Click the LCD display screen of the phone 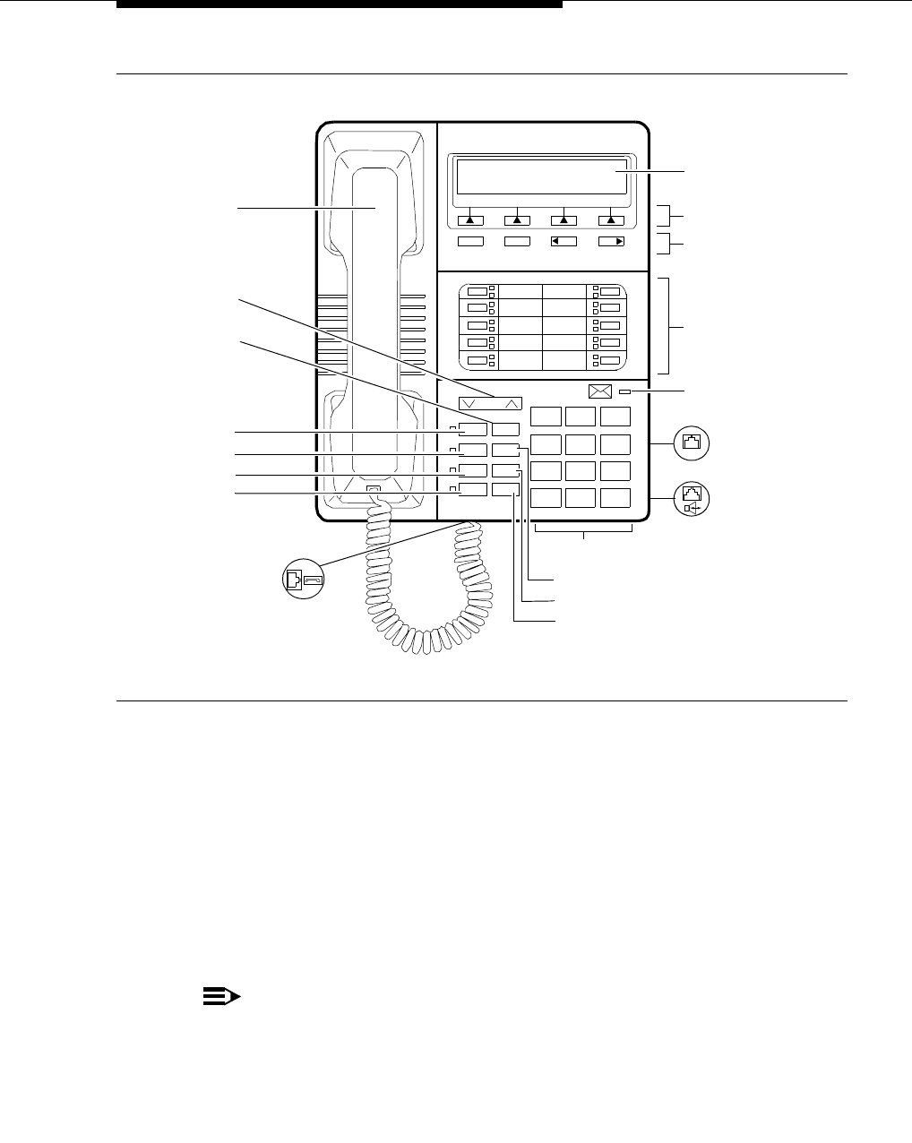tap(541, 176)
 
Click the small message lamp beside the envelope tap(624, 392)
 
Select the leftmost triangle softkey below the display tap(469, 219)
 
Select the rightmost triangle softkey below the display tap(611, 219)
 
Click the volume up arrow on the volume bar tap(511, 403)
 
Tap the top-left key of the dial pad tap(546, 416)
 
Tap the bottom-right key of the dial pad tap(615, 498)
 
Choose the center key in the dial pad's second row tap(581, 443)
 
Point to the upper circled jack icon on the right tap(690, 443)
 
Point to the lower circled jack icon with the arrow tap(690, 498)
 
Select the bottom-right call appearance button tap(609, 361)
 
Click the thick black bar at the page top tap(340, 4)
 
